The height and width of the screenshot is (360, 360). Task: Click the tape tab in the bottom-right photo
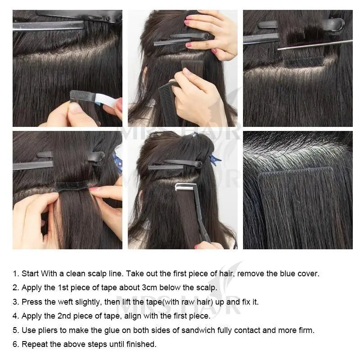tap(295, 173)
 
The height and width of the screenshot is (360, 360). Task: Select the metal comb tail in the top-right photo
tap(315, 44)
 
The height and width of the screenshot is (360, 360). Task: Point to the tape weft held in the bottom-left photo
tap(72, 185)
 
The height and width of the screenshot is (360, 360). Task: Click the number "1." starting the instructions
tap(16, 273)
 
